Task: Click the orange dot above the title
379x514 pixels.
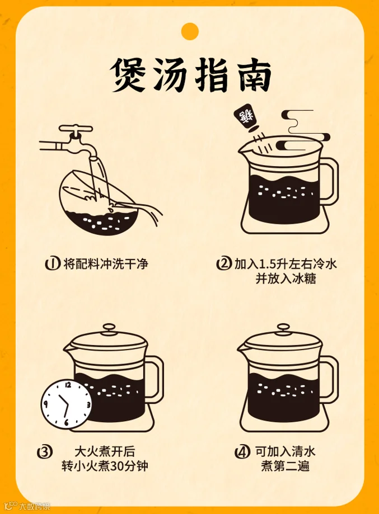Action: pos(190,31)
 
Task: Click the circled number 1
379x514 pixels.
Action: pos(53,263)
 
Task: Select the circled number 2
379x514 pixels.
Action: pos(224,263)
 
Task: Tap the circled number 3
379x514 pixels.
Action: pos(45,452)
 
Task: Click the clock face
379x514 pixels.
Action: pos(66,404)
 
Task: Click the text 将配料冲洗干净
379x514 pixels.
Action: pos(106,264)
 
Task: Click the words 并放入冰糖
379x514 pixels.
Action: pos(286,279)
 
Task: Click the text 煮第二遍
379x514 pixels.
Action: pos(285,466)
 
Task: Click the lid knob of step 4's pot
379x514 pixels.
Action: pos(283,328)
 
